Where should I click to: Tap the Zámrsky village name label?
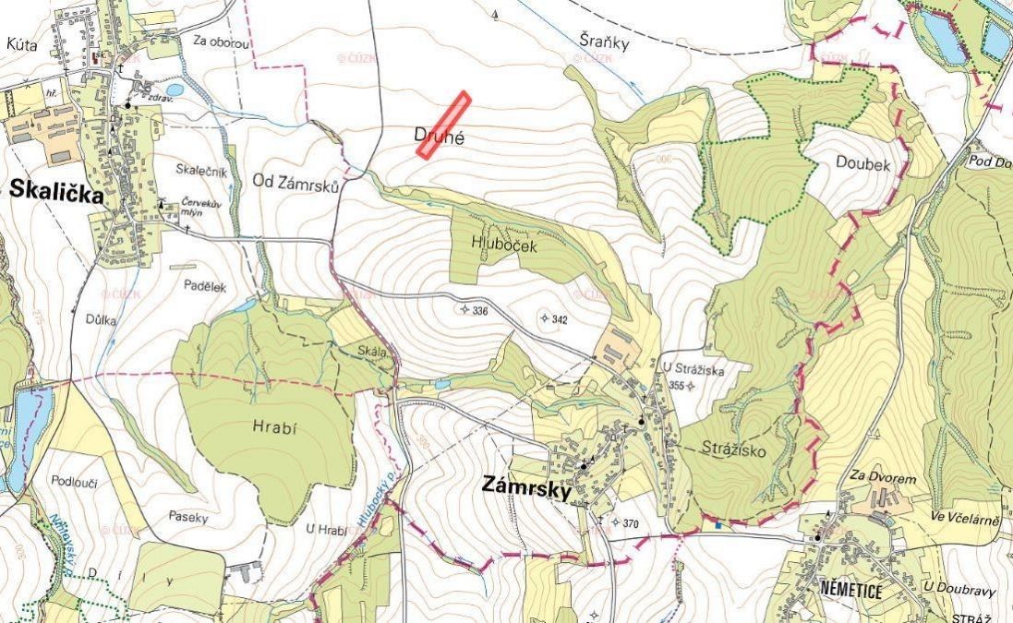coord(525,486)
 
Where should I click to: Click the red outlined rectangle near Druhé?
coord(443,126)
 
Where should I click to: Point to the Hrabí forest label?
coord(271,427)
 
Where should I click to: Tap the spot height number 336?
coord(479,311)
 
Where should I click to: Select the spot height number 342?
coord(559,319)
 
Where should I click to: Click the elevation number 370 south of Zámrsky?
coord(631,523)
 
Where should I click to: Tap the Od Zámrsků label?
coord(296,183)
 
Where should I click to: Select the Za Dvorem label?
coord(884,480)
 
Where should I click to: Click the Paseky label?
coord(190,518)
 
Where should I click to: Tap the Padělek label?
coord(204,287)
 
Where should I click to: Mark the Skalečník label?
coord(199,170)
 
